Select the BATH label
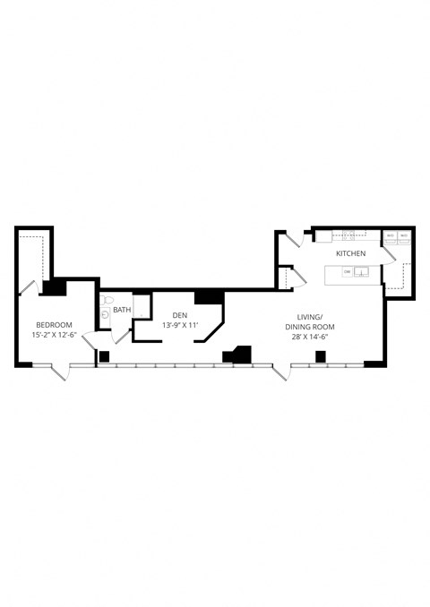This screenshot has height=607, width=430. pos(121,311)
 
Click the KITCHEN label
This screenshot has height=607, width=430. pos(350,254)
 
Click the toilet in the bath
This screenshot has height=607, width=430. pos(106,300)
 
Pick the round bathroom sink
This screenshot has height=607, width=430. pos(106,313)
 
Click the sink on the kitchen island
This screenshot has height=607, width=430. pos(361,273)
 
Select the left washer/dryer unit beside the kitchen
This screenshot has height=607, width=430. pos(391,236)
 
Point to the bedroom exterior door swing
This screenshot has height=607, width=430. pos(60,371)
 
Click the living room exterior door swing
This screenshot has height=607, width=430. pos(284,372)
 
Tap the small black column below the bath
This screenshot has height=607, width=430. pos(104,356)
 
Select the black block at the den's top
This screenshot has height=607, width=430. pos(208,297)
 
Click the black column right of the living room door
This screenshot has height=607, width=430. pos(320,357)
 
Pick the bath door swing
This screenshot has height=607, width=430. pos(121,337)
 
